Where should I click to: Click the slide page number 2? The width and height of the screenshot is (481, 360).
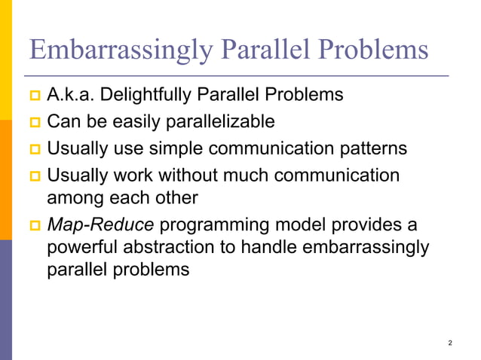(450, 343)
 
